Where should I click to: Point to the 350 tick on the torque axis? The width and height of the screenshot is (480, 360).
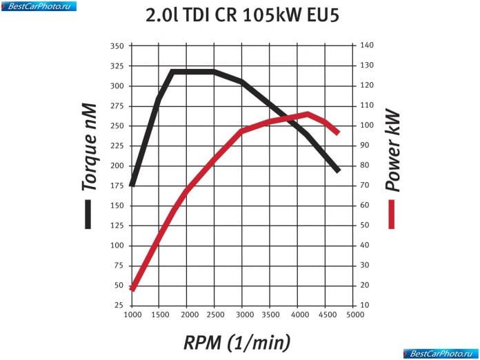[117, 46]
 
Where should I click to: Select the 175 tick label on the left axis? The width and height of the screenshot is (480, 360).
[117, 186]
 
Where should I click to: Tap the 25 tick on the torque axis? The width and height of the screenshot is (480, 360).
[119, 305]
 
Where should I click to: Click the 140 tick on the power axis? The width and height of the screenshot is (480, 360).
[366, 46]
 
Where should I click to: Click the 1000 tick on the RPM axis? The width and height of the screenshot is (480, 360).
[131, 315]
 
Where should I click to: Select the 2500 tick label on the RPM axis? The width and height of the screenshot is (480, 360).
[214, 315]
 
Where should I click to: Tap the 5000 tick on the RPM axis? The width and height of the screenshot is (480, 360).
[354, 315]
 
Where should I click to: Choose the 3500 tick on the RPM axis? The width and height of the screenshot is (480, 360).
[270, 315]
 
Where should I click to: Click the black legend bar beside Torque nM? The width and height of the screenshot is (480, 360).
[88, 214]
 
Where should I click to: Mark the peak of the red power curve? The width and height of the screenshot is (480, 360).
[308, 114]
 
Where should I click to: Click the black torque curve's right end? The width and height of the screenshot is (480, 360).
[338, 170]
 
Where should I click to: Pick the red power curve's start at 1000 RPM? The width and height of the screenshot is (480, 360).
[132, 288]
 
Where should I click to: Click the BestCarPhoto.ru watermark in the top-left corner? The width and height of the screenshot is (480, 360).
[39, 6]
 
